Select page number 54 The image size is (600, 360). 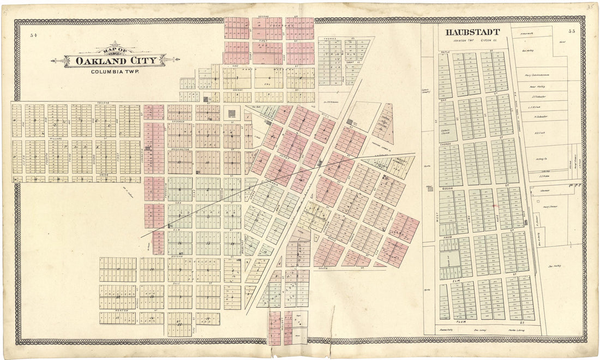point(34,35)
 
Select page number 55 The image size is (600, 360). point(572,32)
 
